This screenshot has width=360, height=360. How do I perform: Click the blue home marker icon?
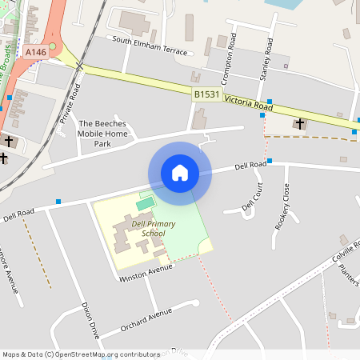(x=180, y=173)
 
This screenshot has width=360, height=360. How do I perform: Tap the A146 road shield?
(x=35, y=52)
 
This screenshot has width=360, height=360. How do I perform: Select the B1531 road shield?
(x=206, y=94)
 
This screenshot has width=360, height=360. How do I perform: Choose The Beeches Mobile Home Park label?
(x=102, y=134)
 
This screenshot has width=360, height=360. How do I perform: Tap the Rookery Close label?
(x=282, y=206)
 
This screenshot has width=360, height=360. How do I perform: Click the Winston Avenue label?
(x=146, y=274)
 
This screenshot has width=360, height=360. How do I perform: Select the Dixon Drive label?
(x=90, y=322)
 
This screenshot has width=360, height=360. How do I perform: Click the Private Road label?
(x=70, y=102)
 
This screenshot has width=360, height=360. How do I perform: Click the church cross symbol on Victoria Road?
(x=300, y=123)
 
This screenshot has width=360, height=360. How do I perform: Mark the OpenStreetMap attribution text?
(x=81, y=354)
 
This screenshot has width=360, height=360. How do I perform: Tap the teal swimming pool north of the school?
(x=144, y=205)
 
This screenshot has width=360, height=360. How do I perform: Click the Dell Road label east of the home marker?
(x=250, y=166)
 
